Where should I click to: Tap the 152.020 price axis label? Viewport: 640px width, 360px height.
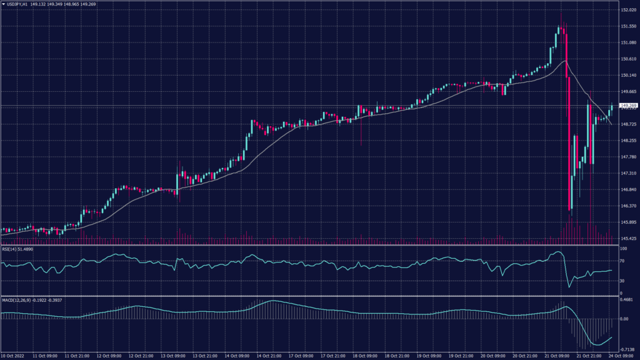point(628,10)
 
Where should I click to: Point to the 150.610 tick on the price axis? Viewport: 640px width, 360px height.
point(628,59)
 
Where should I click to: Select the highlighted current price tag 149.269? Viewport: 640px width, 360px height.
point(628,105)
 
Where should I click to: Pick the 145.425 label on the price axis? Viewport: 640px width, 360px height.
point(628,238)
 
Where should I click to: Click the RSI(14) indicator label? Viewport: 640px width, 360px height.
point(11,249)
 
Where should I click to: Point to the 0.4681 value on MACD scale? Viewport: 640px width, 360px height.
point(626,299)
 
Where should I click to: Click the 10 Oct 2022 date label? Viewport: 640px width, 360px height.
point(13,356)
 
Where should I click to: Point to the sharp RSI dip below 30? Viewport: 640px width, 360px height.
point(569,287)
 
